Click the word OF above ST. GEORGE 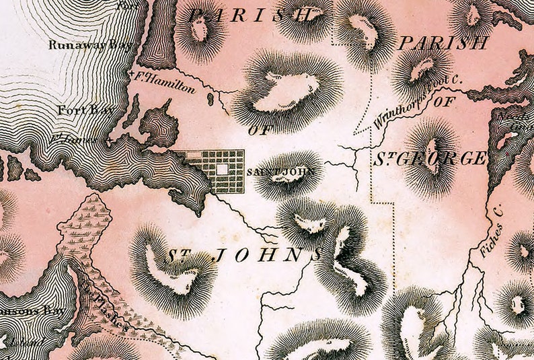click(443, 102)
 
